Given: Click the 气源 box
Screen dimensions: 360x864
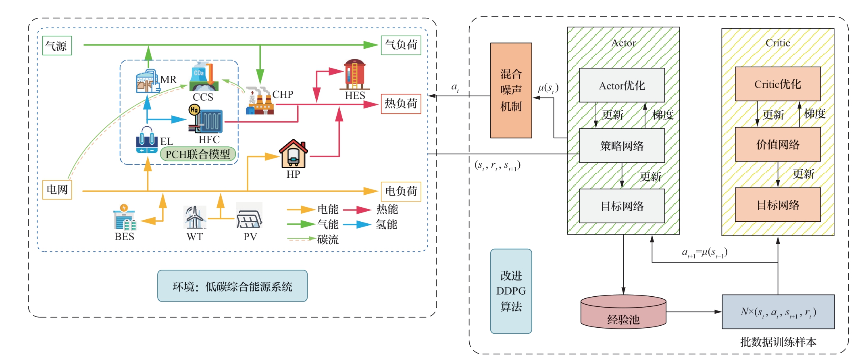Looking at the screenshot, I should tap(57, 46).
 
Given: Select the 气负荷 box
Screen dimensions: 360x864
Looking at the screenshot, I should tap(401, 45).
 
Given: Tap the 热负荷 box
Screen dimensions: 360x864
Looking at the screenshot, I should tap(401, 104).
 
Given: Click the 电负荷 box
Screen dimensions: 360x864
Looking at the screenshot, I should tap(401, 191).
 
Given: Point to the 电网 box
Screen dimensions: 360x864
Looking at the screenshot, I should tap(57, 189).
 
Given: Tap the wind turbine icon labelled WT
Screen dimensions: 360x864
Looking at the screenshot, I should tap(195, 217).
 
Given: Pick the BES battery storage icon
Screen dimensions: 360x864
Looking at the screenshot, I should tap(124, 218).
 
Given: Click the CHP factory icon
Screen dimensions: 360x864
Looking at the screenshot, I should tap(260, 101).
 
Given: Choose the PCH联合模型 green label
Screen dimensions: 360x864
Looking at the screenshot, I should tap(198, 154).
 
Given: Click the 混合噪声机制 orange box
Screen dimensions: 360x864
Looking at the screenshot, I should tap(511, 90).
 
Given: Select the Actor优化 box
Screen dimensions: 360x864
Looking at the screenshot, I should tap(622, 85).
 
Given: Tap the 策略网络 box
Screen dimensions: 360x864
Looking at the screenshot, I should tap(622, 146).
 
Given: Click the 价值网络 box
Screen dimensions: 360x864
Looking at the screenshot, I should tap(778, 144).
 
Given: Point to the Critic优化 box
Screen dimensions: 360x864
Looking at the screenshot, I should tap(778, 84).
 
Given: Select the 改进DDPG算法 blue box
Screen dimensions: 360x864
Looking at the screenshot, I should tap(511, 291).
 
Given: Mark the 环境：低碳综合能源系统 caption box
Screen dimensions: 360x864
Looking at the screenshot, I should tap(232, 286).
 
